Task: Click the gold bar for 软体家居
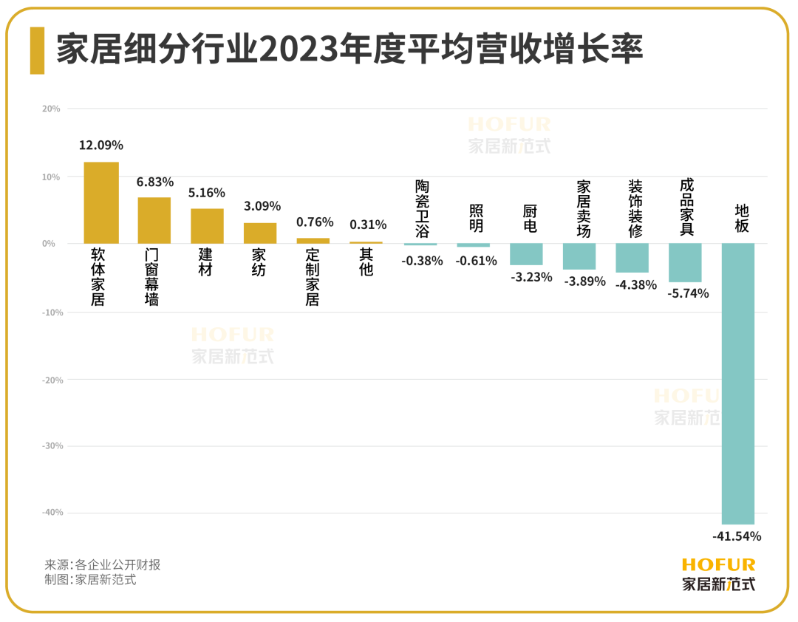[x=101, y=202]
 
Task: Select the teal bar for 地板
[x=738, y=383]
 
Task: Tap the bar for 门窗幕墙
[x=154, y=220]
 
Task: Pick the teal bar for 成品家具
[x=685, y=262]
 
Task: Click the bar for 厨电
[x=526, y=254]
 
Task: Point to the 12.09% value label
[x=101, y=146]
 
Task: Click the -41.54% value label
[x=737, y=536]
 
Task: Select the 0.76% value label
[x=315, y=222]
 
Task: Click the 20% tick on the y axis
[x=51, y=109]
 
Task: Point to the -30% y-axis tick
[x=50, y=446]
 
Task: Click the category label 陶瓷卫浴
[x=421, y=208]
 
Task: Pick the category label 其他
[x=366, y=262]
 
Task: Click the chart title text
[x=350, y=51]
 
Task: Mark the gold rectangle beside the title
[x=37, y=51]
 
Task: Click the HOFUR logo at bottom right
[x=718, y=574]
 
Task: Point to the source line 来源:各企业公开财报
[x=103, y=565]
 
